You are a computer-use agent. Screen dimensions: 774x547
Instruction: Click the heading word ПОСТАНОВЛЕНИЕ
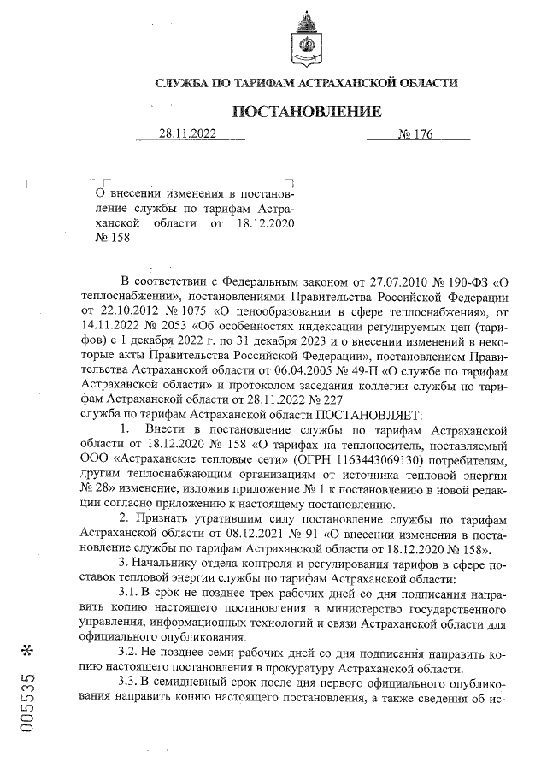pos(304,112)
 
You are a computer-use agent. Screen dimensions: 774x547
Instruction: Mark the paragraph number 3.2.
pos(129,652)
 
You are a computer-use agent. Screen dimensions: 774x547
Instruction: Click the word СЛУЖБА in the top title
pos(180,83)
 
